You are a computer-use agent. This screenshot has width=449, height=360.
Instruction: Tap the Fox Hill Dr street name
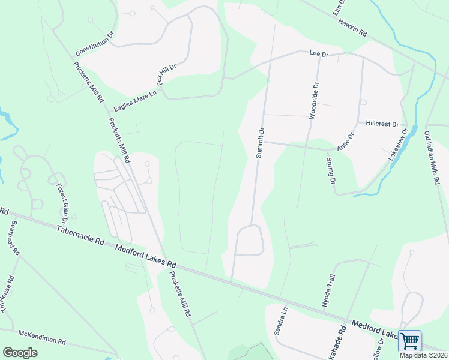point(167,74)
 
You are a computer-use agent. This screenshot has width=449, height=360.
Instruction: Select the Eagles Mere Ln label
point(135,101)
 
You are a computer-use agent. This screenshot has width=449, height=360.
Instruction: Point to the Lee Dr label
point(319,54)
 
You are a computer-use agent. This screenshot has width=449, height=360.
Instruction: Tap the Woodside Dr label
point(313,101)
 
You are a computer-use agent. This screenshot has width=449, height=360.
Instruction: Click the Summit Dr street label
point(260,142)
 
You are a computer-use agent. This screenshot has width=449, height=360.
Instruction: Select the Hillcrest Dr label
point(382,124)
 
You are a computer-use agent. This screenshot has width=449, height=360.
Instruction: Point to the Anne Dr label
point(346,142)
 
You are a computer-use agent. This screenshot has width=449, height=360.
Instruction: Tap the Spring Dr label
point(330,170)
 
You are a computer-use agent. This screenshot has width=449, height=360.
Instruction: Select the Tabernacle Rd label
point(80,234)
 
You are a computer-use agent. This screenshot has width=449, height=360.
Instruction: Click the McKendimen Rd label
point(41,337)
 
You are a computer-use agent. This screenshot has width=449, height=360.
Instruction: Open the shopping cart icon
point(409,341)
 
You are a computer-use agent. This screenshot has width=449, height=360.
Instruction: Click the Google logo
point(20,352)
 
